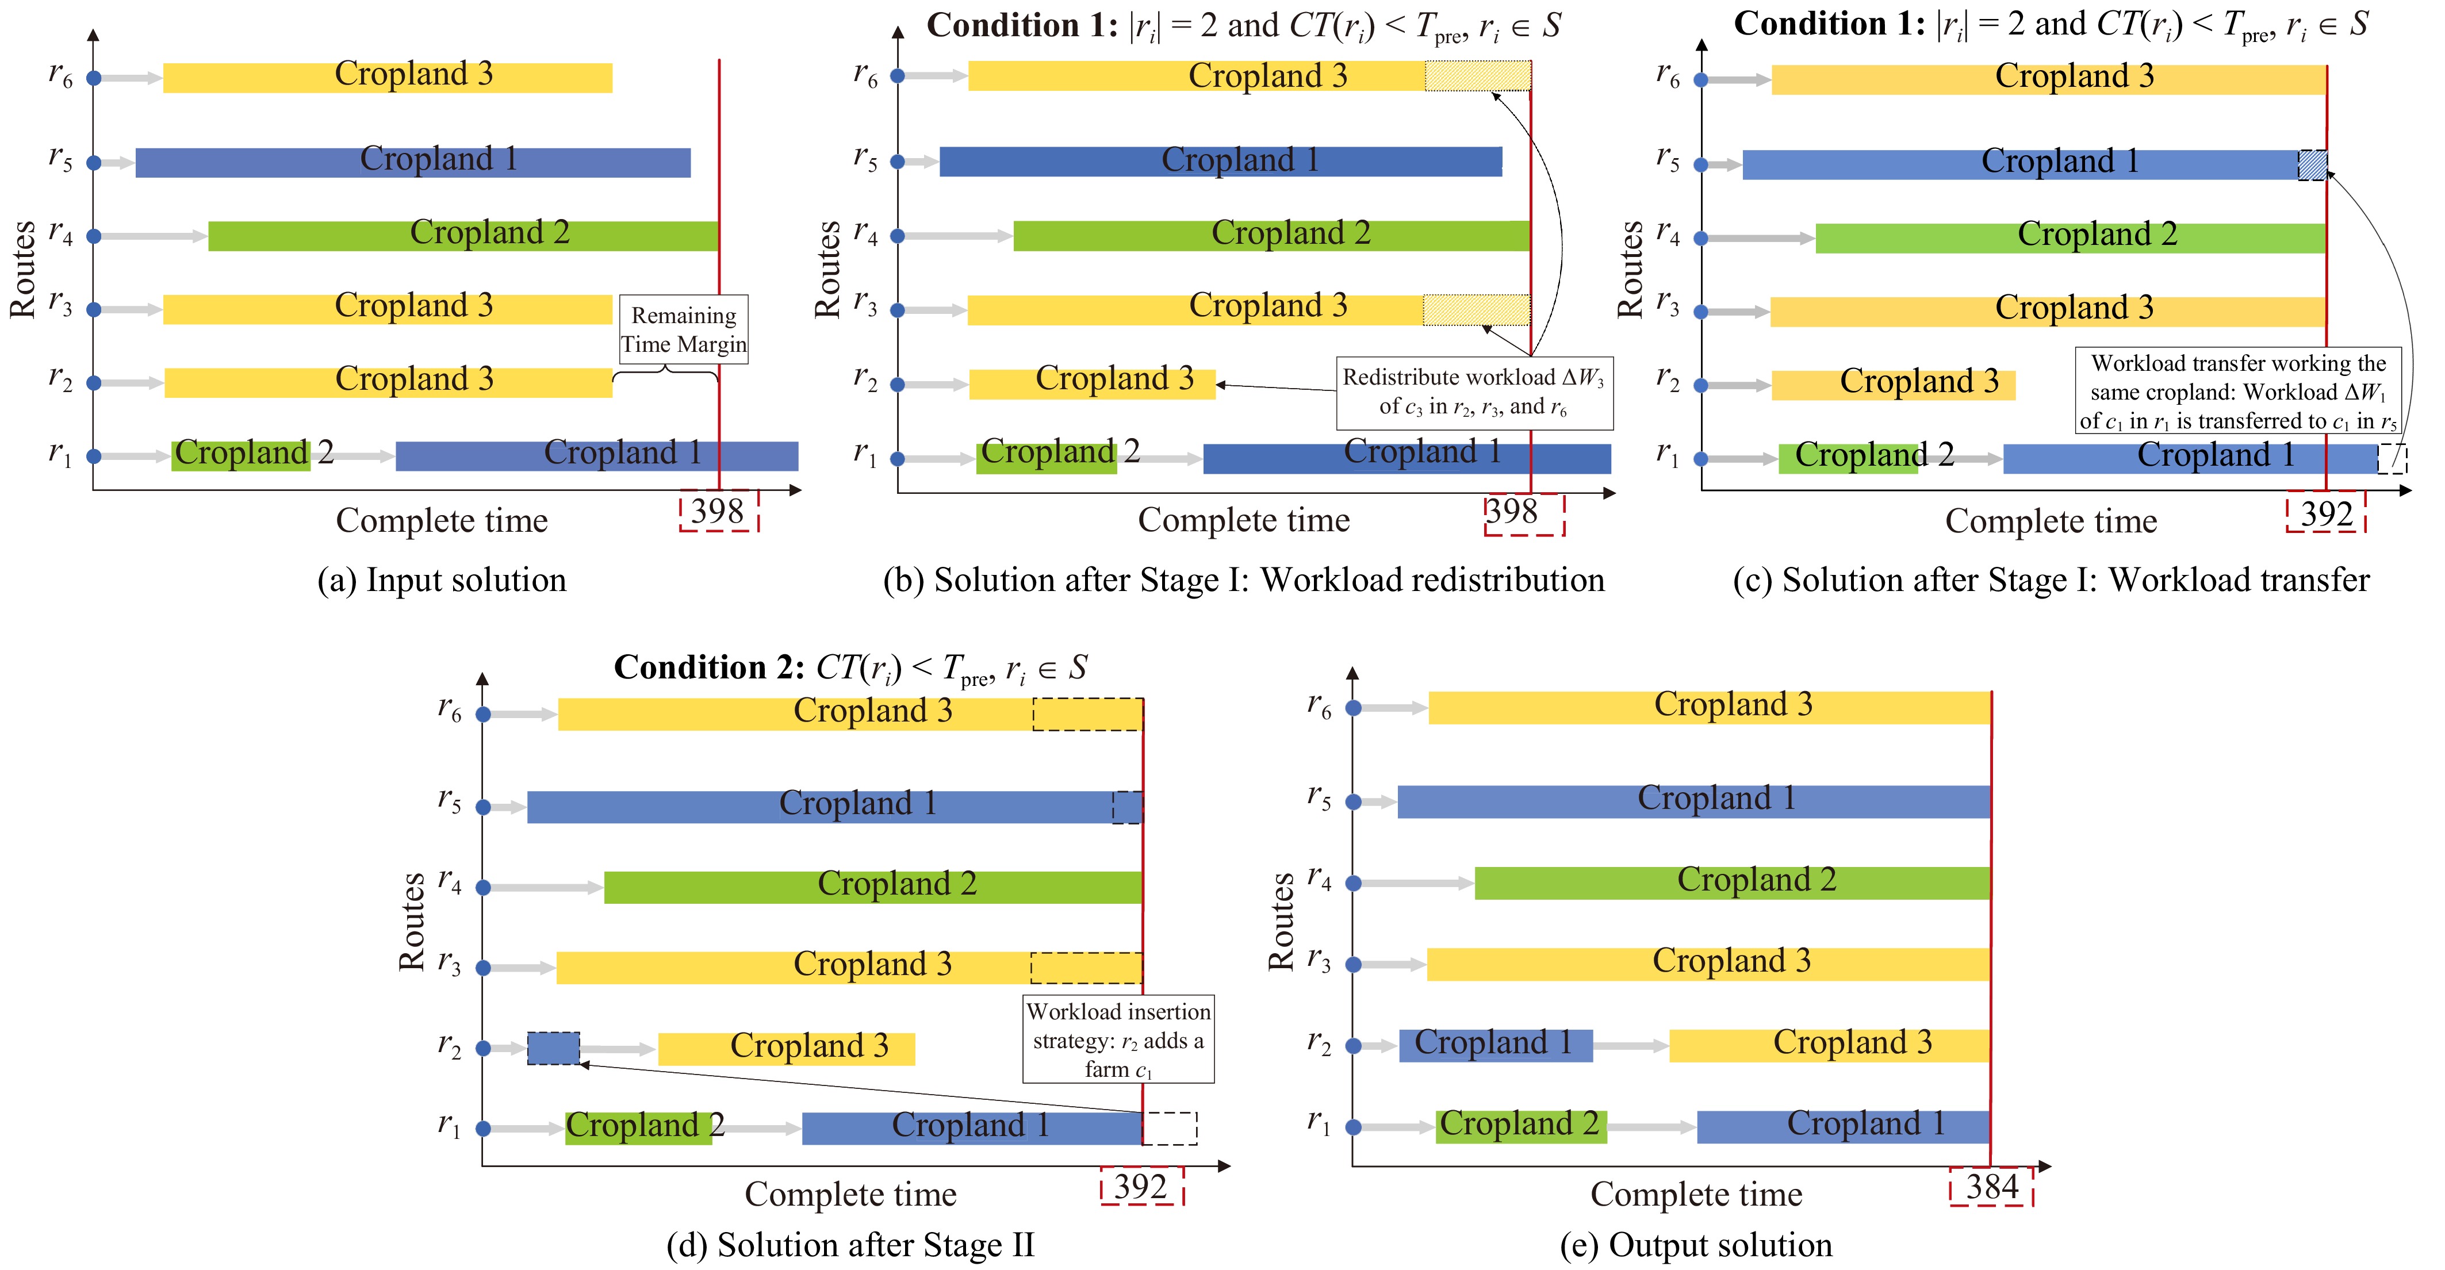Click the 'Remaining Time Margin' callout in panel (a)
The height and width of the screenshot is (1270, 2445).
683,329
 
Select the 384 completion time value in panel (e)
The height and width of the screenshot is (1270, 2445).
1991,1187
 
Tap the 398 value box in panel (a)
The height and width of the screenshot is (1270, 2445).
719,511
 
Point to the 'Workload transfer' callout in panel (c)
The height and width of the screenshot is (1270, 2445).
2238,391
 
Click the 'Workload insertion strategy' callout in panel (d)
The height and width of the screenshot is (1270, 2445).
1118,1039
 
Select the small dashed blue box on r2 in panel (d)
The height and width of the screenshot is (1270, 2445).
553,1048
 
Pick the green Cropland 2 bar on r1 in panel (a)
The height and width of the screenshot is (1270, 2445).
241,455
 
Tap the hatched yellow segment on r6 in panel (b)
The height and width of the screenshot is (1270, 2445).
1478,76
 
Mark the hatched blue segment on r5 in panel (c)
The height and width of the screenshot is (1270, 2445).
2312,165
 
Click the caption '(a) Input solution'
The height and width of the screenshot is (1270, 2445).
442,580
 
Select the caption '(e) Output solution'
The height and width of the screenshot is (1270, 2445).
1696,1244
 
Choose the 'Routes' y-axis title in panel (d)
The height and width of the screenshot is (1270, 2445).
412,922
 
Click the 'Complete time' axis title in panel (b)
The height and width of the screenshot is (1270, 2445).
1243,520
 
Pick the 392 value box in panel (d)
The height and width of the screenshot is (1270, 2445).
1142,1187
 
